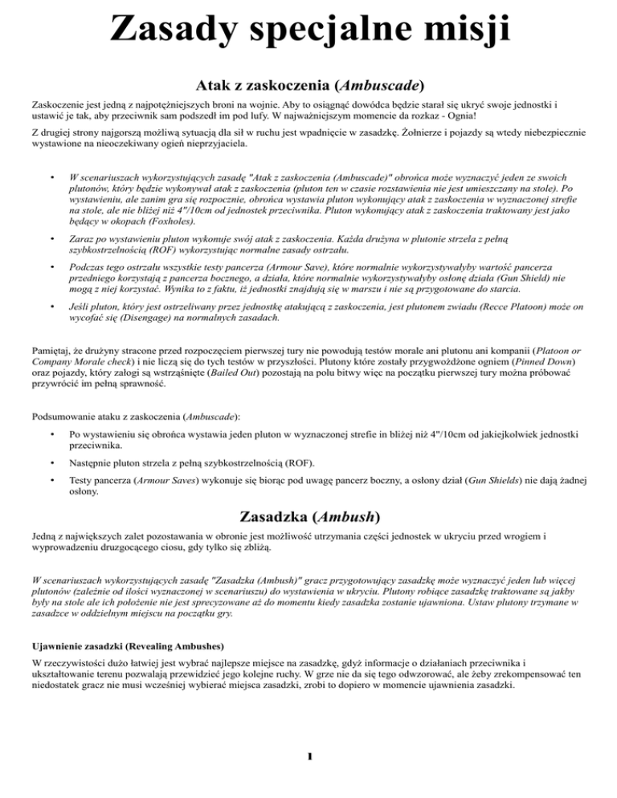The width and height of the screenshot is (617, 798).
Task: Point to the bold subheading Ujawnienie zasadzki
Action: tap(73, 643)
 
